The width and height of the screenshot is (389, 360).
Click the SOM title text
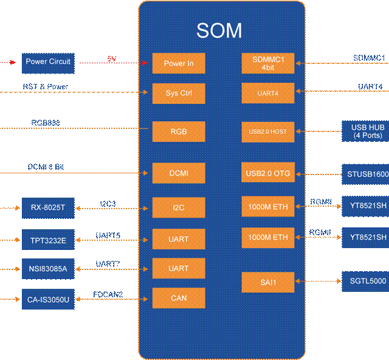[x=219, y=31]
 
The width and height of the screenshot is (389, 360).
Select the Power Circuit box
[x=48, y=62]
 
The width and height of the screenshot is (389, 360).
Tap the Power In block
[x=178, y=64]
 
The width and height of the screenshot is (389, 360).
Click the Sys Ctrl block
[x=178, y=93]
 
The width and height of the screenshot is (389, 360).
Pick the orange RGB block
[x=178, y=131]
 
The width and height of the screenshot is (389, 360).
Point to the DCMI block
[x=178, y=173]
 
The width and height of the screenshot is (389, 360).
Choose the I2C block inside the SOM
[x=178, y=208]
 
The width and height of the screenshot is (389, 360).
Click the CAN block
[x=178, y=298]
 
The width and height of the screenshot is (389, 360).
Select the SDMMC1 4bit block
[x=267, y=63]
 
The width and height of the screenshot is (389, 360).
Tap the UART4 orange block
[x=267, y=93]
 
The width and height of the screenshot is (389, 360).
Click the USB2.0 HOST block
[x=267, y=131]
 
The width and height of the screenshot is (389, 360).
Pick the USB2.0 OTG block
[x=267, y=173]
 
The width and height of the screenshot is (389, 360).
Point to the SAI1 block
[x=267, y=281]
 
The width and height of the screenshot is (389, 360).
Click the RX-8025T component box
[x=47, y=208]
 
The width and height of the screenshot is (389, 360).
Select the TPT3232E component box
[x=47, y=240]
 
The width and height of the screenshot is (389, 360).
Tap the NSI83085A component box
[x=47, y=269]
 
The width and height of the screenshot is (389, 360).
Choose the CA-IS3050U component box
[x=47, y=299]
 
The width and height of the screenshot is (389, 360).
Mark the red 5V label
[x=111, y=58]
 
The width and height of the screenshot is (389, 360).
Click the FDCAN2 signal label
[x=108, y=294]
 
